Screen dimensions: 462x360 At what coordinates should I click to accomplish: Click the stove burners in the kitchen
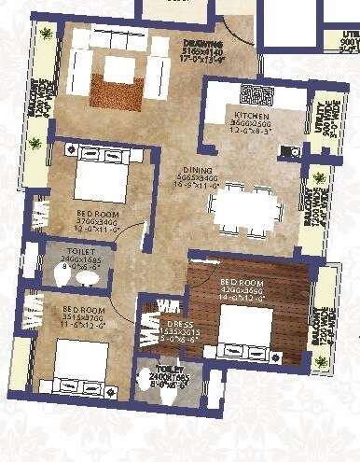(253, 93)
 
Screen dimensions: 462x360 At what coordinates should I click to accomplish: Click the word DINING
(198, 171)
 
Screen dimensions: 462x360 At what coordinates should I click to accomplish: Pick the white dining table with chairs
(244, 207)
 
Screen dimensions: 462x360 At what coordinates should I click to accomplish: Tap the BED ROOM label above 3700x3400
(96, 214)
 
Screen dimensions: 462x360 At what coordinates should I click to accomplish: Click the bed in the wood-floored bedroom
(245, 327)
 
